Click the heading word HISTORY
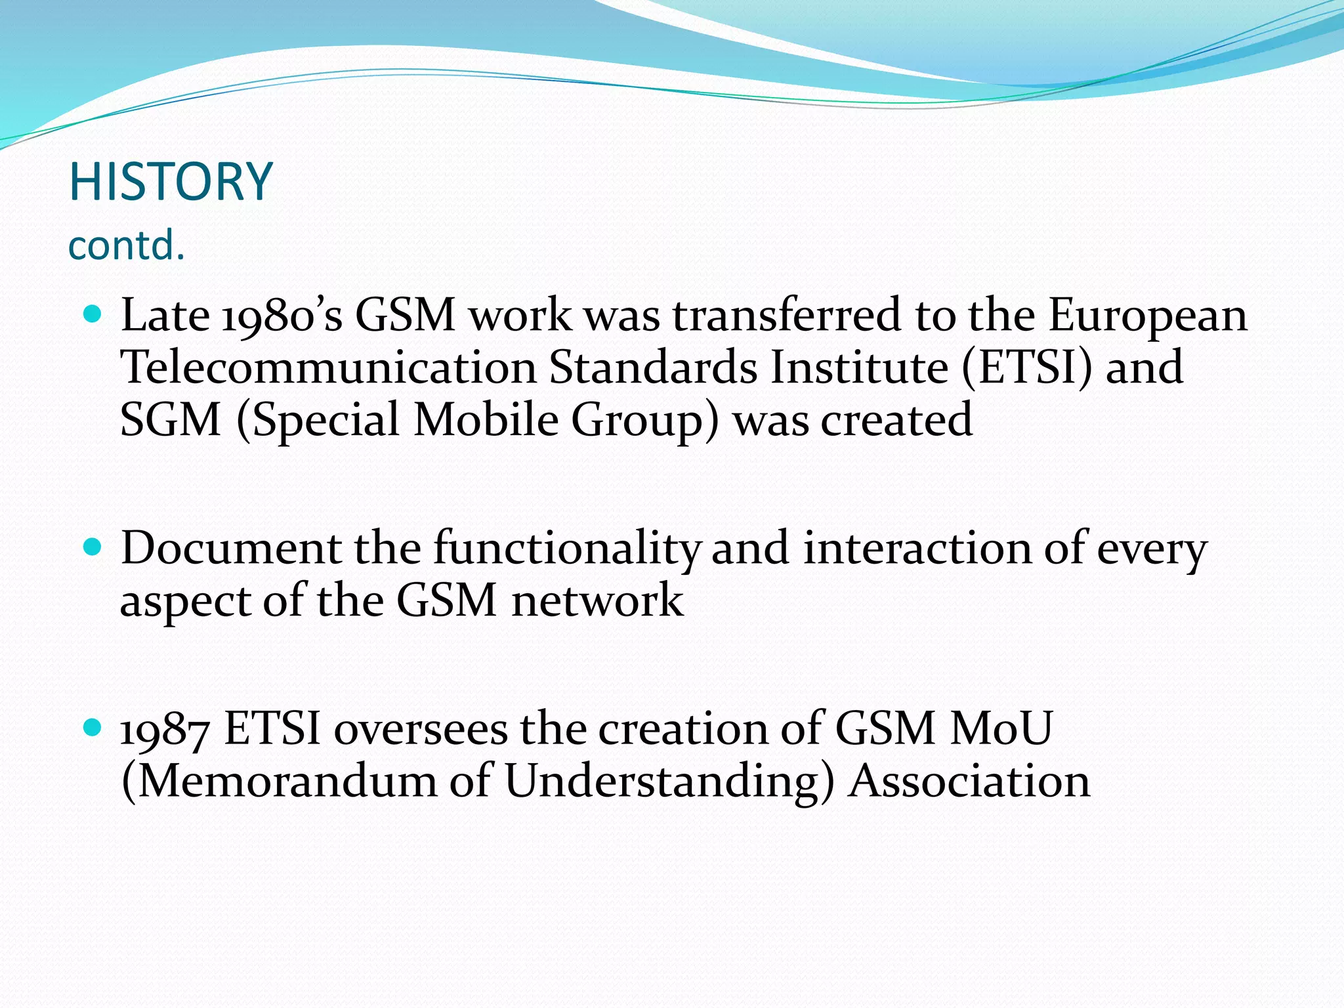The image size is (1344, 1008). tap(171, 182)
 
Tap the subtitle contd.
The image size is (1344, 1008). tap(127, 245)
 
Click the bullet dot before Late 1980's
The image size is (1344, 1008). tap(93, 314)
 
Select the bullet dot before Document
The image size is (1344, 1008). tap(93, 547)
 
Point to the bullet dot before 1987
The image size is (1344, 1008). tap(93, 727)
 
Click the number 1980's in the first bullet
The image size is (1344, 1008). tap(282, 316)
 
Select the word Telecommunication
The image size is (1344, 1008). tap(328, 367)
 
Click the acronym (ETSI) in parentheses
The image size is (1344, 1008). tap(1027, 367)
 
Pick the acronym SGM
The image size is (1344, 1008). tap(171, 420)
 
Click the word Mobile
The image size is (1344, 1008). tap(486, 420)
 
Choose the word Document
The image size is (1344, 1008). tap(231, 549)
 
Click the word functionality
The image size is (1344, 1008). tap(567, 549)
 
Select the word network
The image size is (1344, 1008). tap(597, 601)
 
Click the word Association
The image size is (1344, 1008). tap(969, 782)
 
